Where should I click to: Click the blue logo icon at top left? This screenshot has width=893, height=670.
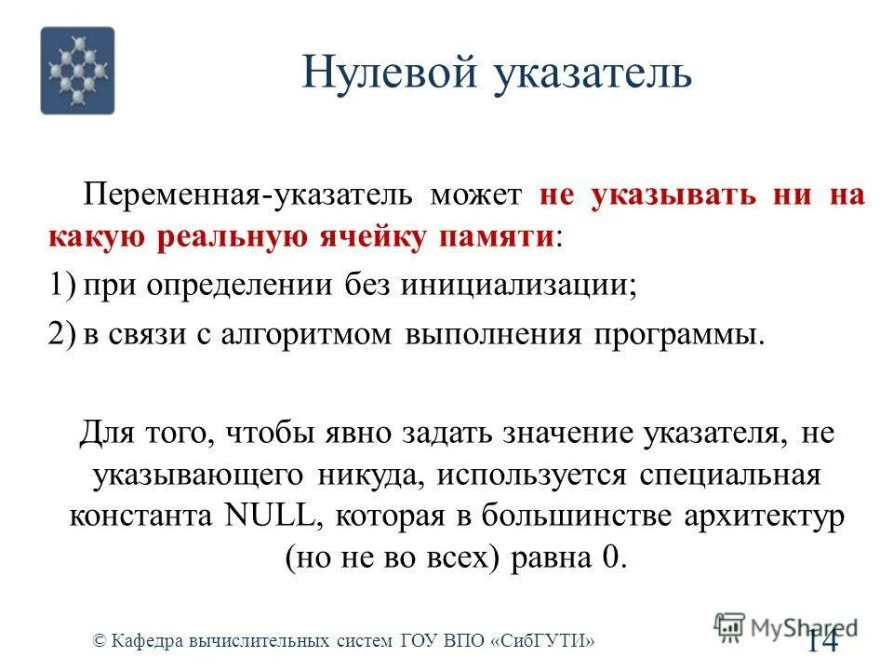(x=77, y=71)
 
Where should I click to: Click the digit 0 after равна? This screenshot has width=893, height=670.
(x=610, y=557)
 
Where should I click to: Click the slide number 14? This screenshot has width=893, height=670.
(x=823, y=640)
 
